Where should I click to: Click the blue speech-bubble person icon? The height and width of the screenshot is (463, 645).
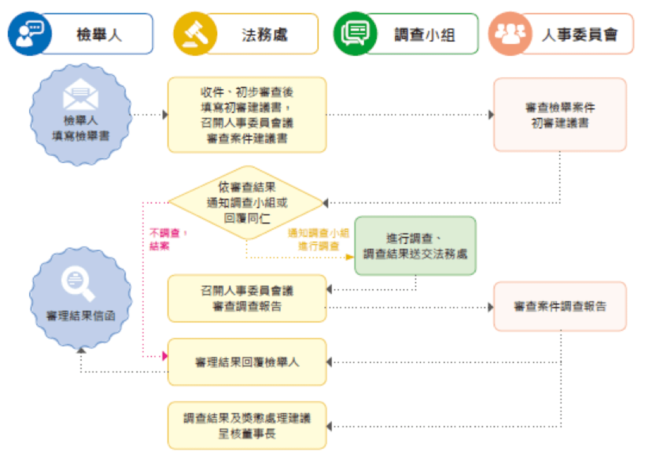pyautogui.click(x=30, y=34)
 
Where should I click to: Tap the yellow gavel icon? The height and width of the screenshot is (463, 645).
pyautogui.click(x=195, y=34)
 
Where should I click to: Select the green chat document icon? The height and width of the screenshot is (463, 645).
pyautogui.click(x=355, y=34)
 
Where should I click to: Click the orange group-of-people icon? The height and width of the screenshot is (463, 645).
pyautogui.click(x=510, y=34)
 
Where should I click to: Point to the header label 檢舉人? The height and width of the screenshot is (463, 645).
pyautogui.click(x=99, y=35)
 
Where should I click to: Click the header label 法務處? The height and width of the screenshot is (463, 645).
pyautogui.click(x=265, y=35)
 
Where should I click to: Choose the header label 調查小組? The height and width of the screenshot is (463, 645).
pyautogui.click(x=424, y=35)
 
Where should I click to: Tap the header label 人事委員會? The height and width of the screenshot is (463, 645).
pyautogui.click(x=580, y=35)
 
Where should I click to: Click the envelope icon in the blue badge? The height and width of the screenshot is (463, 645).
pyautogui.click(x=81, y=95)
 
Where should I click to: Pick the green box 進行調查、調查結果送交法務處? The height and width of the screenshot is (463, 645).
pyautogui.click(x=415, y=246)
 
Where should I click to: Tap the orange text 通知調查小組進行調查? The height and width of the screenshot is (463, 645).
pyautogui.click(x=318, y=239)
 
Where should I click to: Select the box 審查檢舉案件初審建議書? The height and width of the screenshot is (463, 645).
pyautogui.click(x=560, y=115)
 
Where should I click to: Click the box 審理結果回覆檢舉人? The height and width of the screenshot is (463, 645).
pyautogui.click(x=247, y=362)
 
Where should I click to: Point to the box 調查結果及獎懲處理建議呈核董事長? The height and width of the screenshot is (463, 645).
pyautogui.click(x=247, y=426)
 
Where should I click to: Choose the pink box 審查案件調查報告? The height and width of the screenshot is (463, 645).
pyautogui.click(x=560, y=306)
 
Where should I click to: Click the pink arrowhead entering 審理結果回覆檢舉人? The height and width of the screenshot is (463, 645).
pyautogui.click(x=165, y=356)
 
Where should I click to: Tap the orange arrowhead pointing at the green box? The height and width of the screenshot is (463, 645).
pyautogui.click(x=350, y=257)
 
